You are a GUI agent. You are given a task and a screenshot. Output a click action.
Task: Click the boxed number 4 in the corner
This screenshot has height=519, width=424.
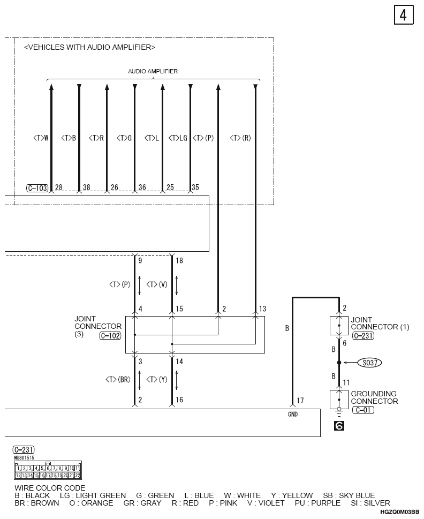click(403, 15)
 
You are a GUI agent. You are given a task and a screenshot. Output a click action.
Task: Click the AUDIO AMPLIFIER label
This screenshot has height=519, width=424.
click(153, 71)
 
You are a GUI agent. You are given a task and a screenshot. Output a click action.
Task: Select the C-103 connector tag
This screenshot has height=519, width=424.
click(37, 188)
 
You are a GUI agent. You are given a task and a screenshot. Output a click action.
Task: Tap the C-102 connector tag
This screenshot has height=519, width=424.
click(110, 336)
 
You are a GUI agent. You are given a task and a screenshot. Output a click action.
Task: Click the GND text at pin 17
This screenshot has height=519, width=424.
click(292, 414)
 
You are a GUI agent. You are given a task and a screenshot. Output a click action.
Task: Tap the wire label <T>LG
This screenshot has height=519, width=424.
click(178, 138)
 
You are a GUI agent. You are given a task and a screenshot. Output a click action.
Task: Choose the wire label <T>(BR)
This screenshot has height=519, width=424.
click(118, 379)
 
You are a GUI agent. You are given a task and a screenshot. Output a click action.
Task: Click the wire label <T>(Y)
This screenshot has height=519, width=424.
click(157, 379)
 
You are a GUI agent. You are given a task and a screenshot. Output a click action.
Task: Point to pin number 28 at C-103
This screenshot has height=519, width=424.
click(59, 187)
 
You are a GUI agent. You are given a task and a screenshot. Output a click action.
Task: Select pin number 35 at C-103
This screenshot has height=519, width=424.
click(195, 187)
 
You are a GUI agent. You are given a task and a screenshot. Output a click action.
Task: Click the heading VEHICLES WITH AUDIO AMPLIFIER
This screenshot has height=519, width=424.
click(89, 48)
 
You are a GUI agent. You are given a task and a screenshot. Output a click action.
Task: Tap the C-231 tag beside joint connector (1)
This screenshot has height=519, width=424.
click(363, 336)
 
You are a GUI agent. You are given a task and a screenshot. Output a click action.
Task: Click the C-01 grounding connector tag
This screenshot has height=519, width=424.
click(363, 410)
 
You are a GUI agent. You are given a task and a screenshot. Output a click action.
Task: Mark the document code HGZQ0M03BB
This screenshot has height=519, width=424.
click(400, 513)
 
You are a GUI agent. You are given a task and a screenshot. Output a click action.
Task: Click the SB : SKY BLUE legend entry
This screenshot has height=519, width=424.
click(349, 495)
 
